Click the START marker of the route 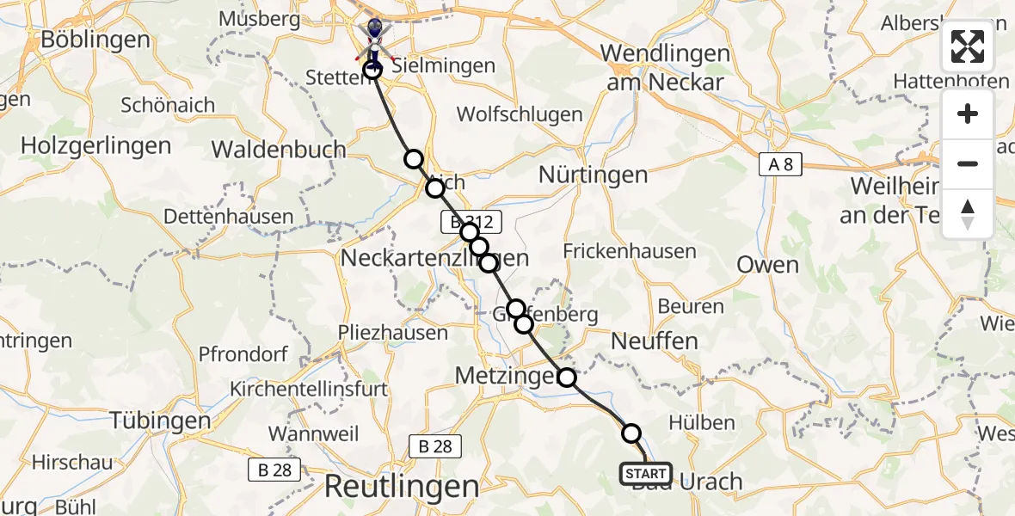point(645,474)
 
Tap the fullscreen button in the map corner point(968,46)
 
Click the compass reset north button point(968,214)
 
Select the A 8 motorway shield point(780,164)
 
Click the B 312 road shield point(470,222)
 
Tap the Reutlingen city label point(401,487)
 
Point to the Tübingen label point(160,421)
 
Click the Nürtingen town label point(593,175)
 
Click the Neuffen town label point(654,341)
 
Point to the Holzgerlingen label point(95,146)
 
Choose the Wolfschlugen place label point(520,114)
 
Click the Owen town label point(767,264)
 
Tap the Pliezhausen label point(393,333)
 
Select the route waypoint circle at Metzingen point(567,377)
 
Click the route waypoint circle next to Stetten point(372,70)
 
